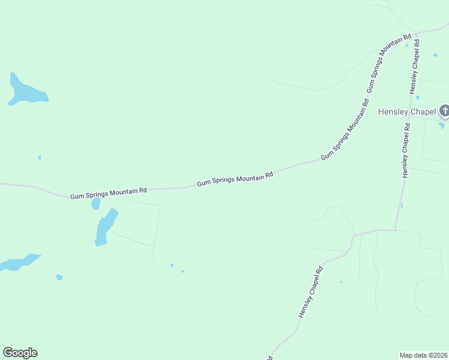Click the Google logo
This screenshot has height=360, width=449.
20,353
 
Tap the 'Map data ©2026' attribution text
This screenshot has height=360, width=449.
423,355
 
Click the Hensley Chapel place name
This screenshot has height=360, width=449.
407,112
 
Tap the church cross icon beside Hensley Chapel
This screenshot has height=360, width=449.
444,110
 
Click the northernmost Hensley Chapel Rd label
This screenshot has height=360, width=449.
415,66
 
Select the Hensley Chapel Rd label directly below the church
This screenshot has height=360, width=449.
406,151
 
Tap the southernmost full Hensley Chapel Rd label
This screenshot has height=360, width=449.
311,292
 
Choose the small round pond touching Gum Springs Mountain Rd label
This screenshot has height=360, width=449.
95,204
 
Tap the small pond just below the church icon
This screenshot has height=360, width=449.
442,125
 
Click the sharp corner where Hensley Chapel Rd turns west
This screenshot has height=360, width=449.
396,229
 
